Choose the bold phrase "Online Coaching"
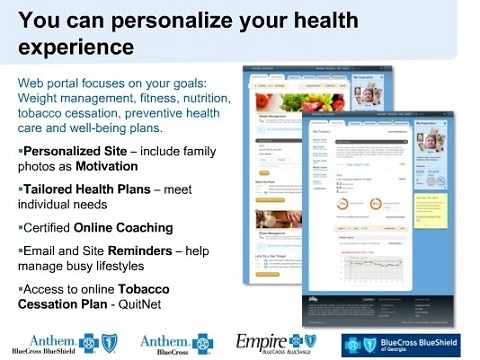(130, 227)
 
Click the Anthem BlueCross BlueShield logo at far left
(58, 342)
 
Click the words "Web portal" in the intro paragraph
(52, 82)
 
